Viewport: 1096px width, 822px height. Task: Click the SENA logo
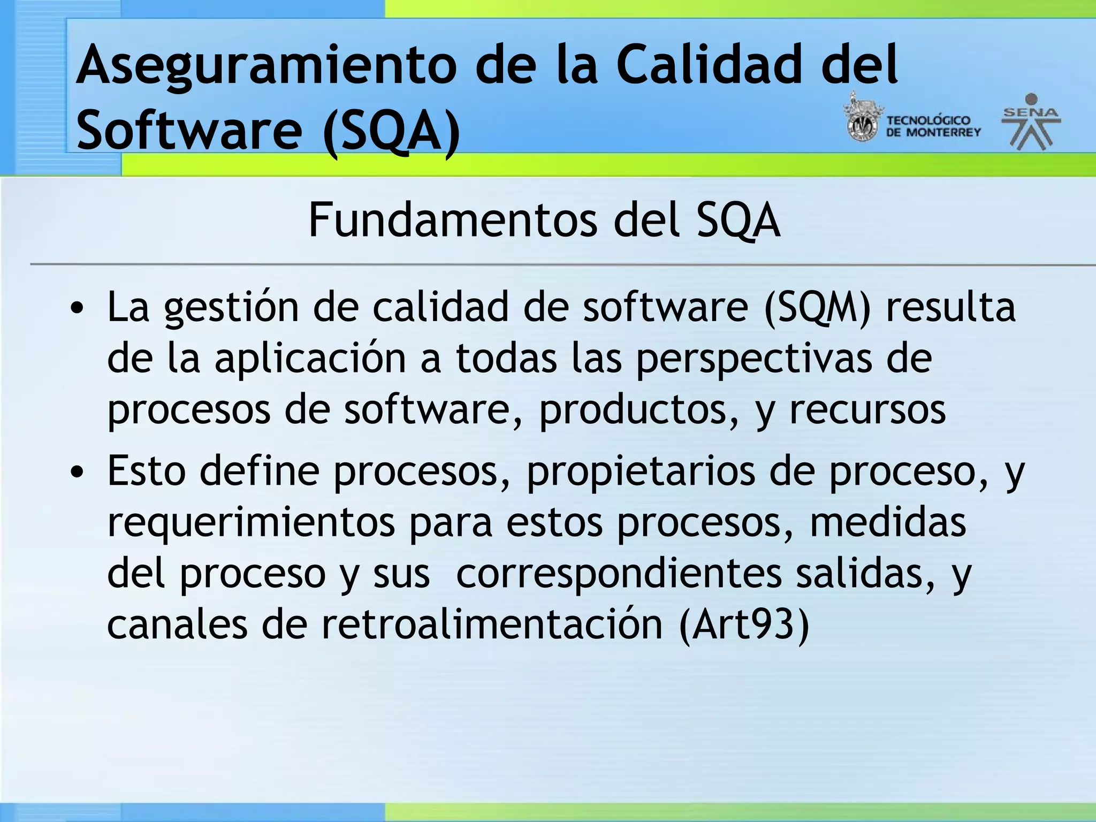1031,121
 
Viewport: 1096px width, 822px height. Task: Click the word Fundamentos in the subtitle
452,220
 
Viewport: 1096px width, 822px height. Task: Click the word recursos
867,410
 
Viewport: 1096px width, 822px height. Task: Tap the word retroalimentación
492,625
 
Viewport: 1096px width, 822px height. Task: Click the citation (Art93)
744,625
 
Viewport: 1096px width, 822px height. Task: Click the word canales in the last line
177,625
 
